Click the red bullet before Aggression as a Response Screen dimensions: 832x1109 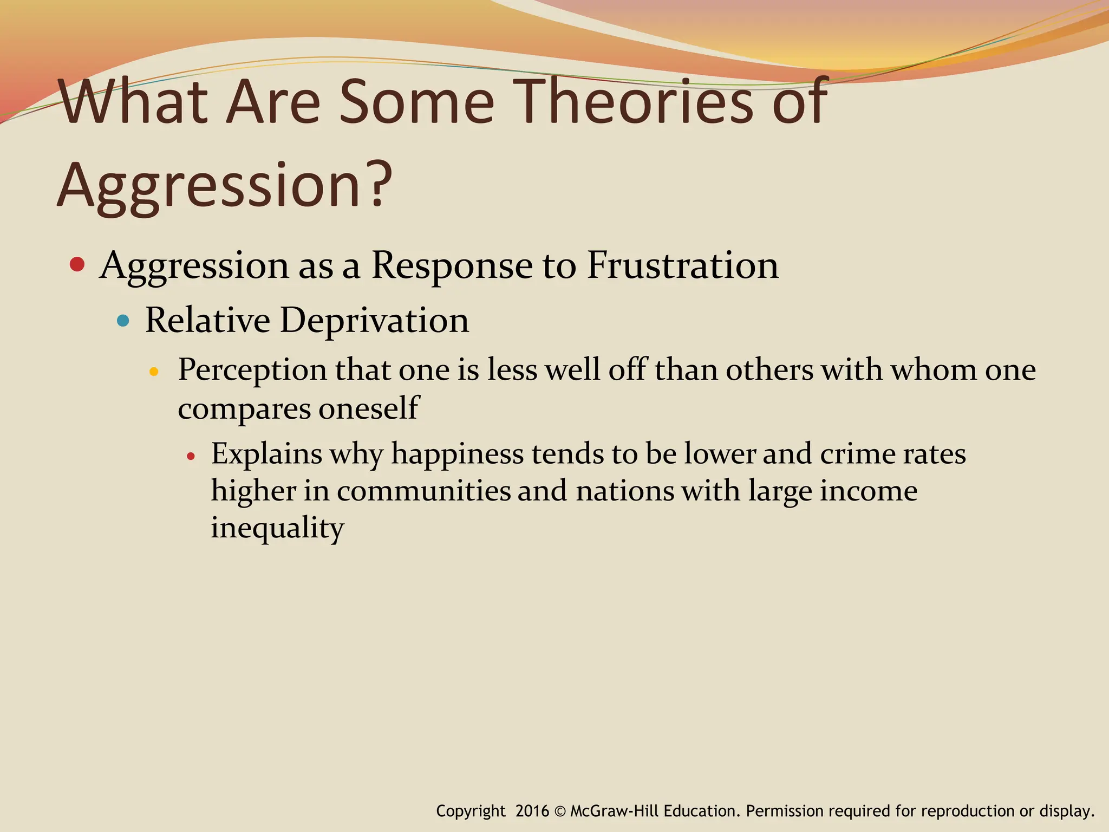tap(77, 265)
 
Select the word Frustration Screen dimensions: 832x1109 tap(682, 265)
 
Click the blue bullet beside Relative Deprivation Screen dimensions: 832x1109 tap(123, 321)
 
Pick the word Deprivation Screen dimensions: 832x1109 tap(374, 320)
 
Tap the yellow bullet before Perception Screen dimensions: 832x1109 tap(154, 372)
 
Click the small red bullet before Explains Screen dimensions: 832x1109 tap(190, 457)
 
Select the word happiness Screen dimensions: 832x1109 tap(458, 454)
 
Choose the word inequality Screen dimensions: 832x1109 tap(277, 528)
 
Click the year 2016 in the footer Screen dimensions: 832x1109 tap(532, 811)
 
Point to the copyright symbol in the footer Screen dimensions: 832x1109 tap(560, 811)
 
